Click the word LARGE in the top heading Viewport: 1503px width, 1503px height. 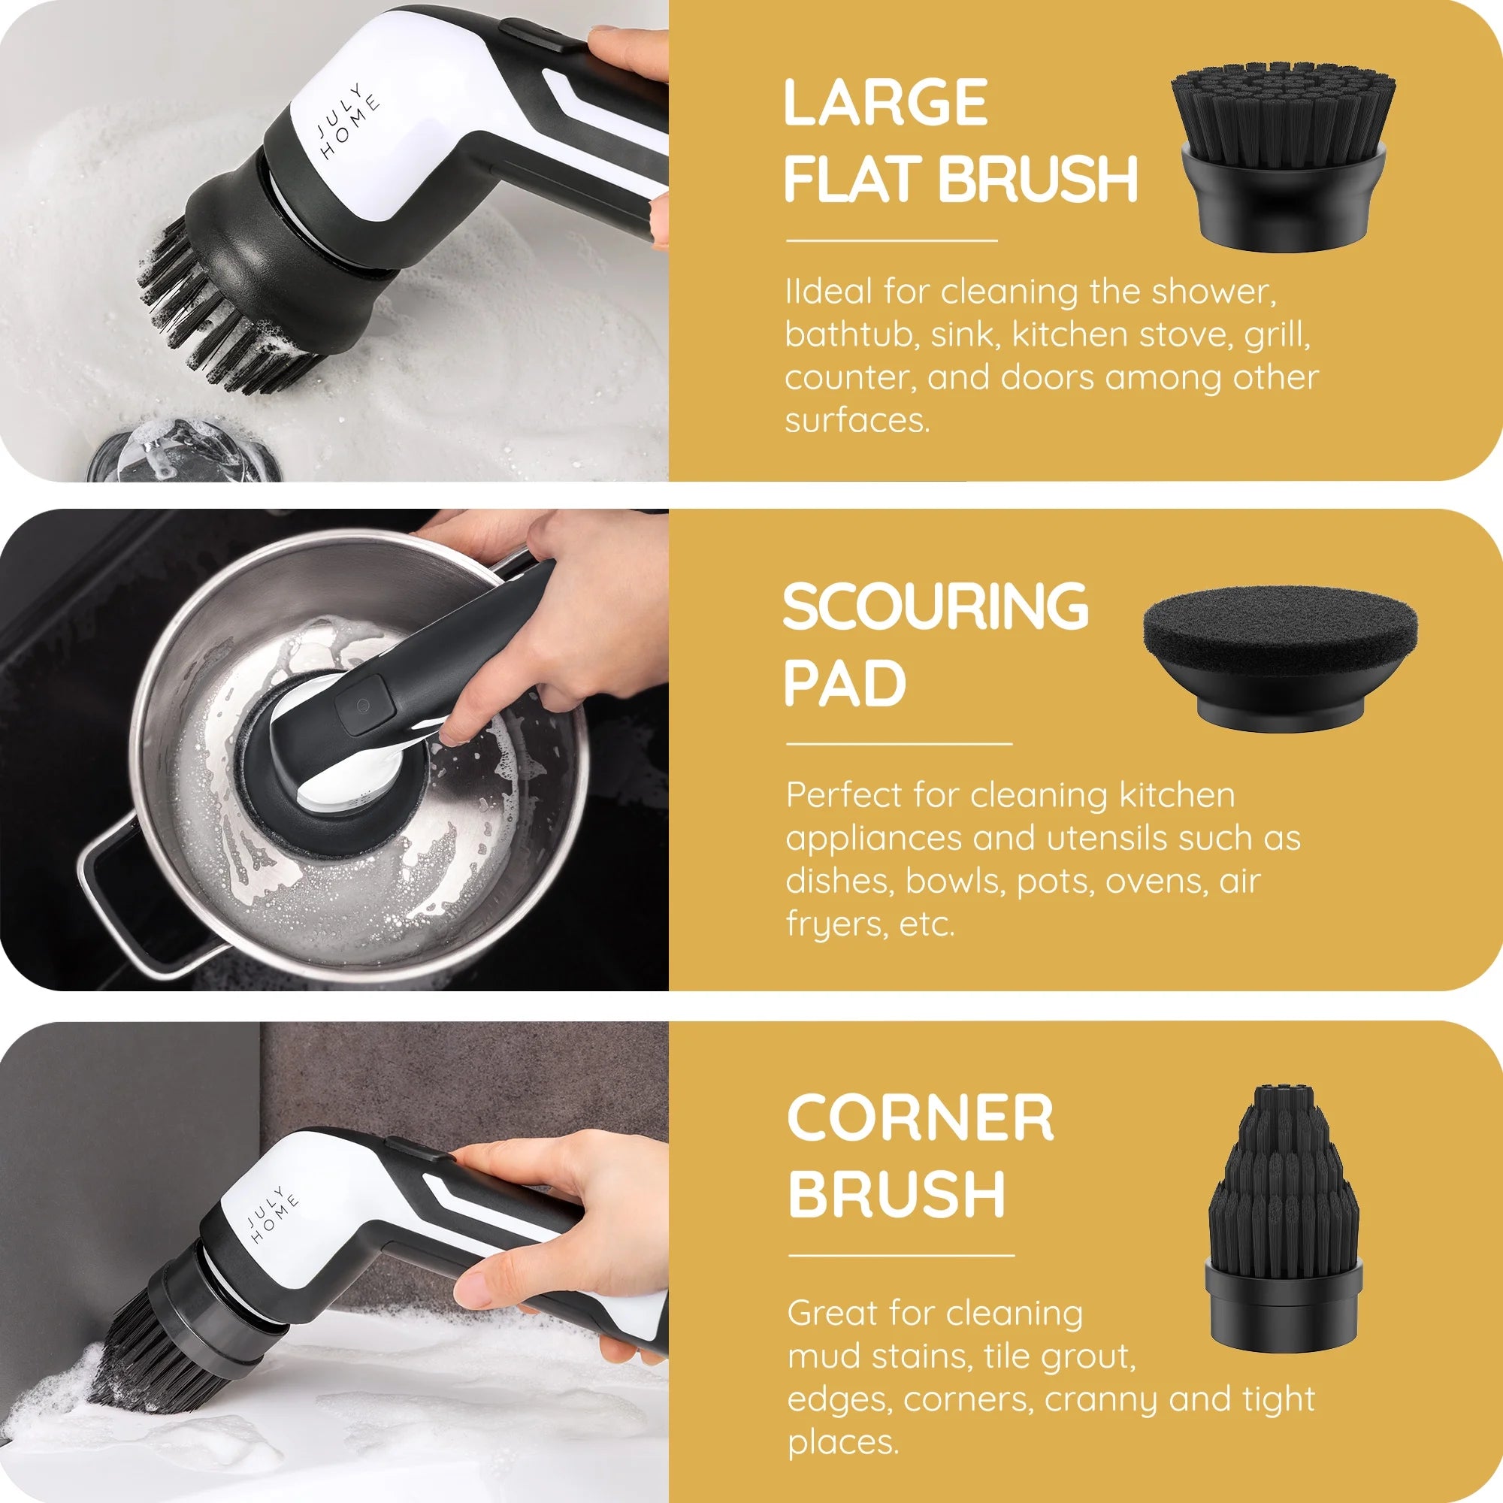point(885,102)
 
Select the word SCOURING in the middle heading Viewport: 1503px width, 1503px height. point(936,606)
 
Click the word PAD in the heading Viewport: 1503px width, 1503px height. point(845,683)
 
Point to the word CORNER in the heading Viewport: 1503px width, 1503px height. point(921,1117)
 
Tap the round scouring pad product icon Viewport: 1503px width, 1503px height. point(1281,658)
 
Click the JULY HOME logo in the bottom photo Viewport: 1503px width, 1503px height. point(272,1214)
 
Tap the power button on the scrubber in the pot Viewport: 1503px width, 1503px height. point(361,706)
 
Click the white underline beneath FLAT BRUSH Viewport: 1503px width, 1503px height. point(891,240)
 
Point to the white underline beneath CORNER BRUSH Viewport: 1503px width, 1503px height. point(901,1255)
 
